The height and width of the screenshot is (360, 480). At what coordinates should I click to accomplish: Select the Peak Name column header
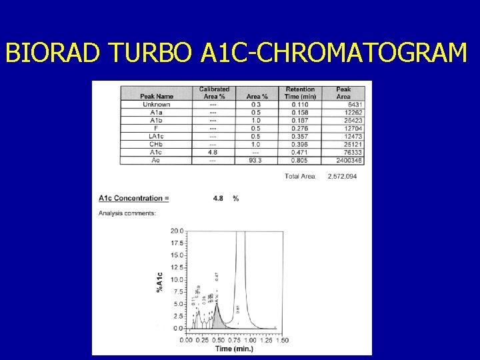157,97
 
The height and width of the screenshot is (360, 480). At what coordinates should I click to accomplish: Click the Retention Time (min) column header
300,93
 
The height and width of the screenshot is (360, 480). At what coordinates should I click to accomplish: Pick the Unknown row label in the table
157,104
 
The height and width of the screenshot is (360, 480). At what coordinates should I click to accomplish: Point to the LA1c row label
157,136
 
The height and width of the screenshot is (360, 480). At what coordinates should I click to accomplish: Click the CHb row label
157,144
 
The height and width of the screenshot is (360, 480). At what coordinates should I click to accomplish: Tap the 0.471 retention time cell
300,152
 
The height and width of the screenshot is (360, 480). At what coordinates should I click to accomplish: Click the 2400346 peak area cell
349,160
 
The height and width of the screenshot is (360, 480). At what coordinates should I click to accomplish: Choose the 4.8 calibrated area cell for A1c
213,152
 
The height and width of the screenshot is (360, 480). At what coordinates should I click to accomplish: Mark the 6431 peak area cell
355,104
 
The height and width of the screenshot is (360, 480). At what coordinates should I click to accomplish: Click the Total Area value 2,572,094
343,176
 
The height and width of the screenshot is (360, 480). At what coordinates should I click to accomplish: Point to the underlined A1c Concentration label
133,198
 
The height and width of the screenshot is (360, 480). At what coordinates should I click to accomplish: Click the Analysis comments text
127,213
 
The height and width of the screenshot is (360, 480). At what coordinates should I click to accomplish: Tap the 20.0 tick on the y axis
177,231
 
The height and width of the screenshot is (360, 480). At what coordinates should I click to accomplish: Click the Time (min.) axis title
233,349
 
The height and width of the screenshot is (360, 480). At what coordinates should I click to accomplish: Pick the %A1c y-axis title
159,281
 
